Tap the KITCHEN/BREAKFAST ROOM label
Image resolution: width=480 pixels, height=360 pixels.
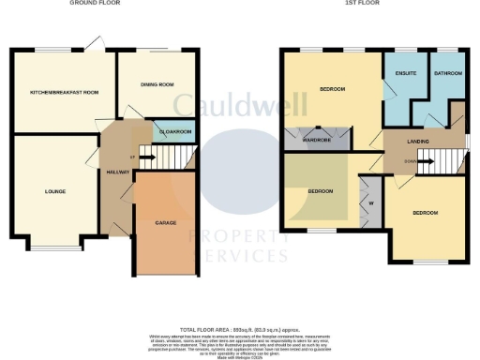tap(64, 93)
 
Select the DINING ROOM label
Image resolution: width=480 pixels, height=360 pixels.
tap(157, 85)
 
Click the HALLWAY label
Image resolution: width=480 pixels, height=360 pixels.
tap(117, 172)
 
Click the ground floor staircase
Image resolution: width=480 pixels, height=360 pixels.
tap(152, 154)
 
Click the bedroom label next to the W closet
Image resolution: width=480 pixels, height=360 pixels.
tap(321, 191)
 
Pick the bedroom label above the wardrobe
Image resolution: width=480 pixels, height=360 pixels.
tap(332, 90)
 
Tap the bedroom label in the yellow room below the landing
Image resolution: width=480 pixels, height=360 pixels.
tap(427, 214)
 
